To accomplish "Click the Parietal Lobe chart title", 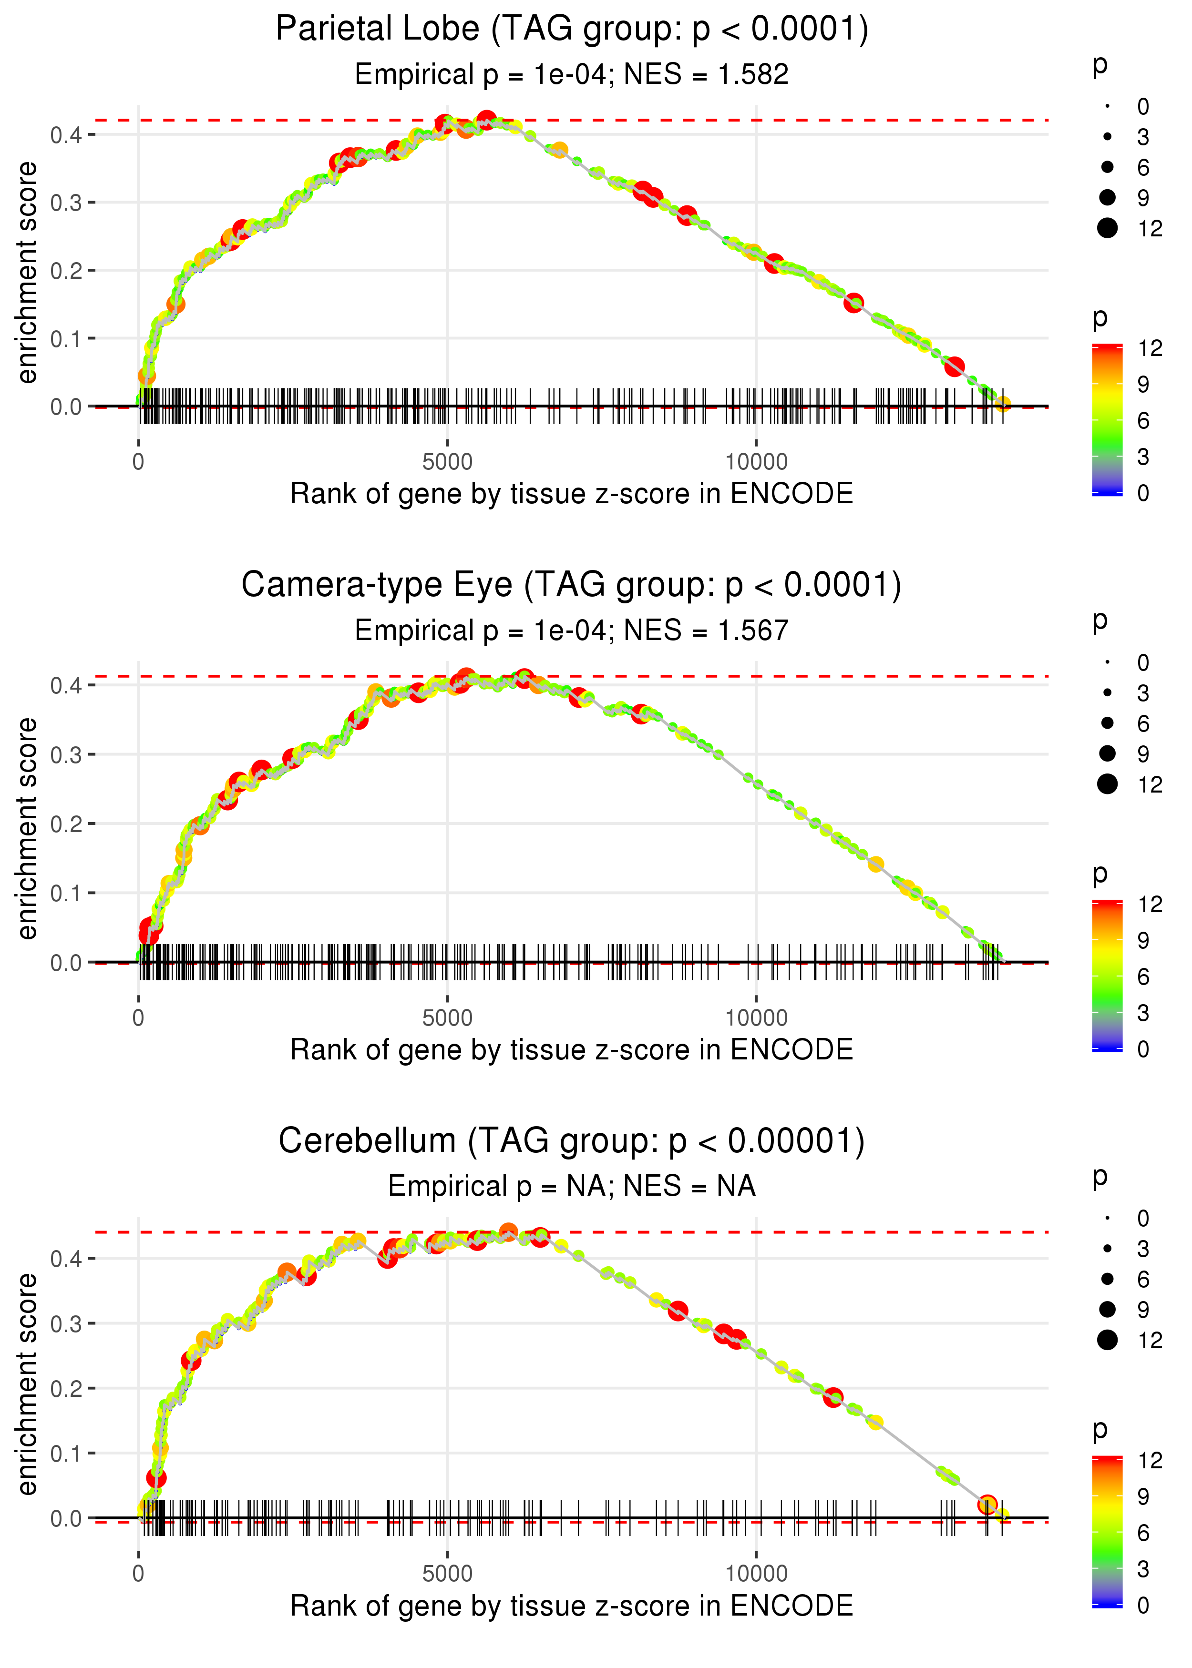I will (x=572, y=30).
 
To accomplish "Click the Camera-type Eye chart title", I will (x=572, y=585).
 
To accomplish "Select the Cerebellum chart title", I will (x=572, y=1141).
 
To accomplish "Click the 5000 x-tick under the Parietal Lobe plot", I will (x=447, y=462).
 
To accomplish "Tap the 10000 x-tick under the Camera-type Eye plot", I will (x=756, y=1018).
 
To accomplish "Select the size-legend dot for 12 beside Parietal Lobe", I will (x=1107, y=228).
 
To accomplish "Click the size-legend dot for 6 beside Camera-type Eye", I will (x=1107, y=723).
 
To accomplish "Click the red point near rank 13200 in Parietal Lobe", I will (x=954, y=366).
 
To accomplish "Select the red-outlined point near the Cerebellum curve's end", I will (x=987, y=1505).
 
